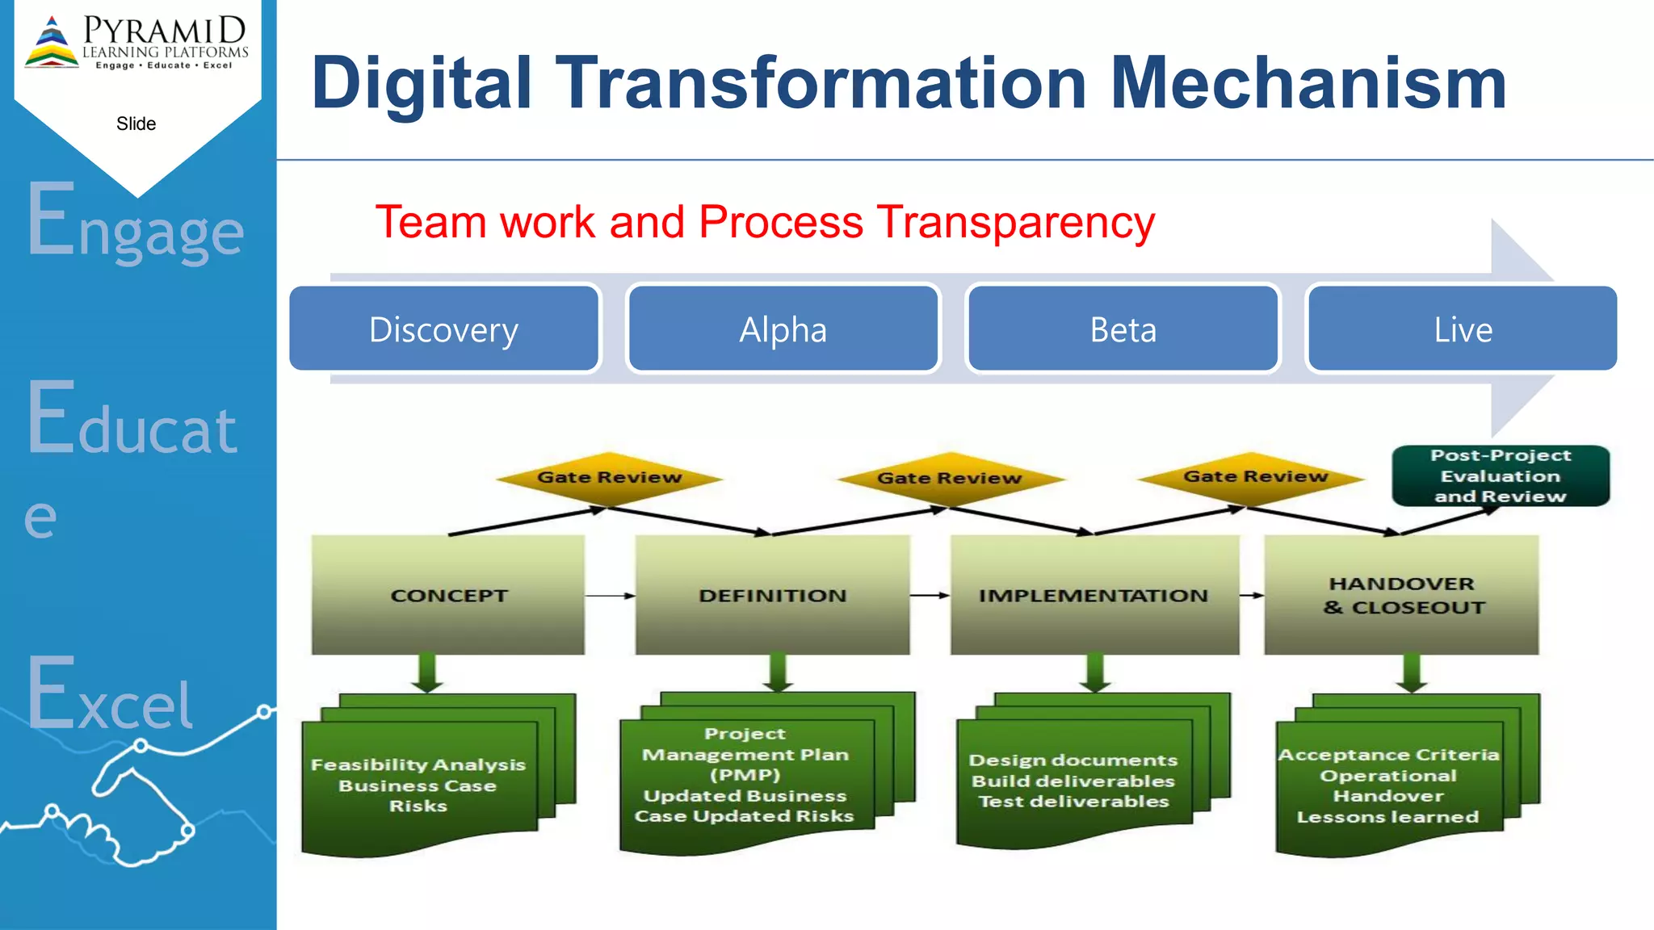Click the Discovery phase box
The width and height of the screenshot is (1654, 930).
[x=444, y=329]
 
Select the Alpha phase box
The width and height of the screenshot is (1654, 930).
[x=783, y=329]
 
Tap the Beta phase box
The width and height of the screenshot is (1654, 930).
[x=1123, y=329]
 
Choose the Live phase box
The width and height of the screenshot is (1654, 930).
[x=1462, y=329]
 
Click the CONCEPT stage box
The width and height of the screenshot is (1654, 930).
[x=448, y=595]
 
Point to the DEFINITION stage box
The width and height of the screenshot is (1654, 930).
[x=772, y=595]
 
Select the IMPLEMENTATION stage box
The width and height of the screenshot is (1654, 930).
[x=1094, y=595]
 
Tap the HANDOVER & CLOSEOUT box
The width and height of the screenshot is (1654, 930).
[x=1402, y=595]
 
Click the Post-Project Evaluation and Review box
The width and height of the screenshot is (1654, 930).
[x=1501, y=476]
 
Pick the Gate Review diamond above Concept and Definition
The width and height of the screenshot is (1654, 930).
[x=610, y=478]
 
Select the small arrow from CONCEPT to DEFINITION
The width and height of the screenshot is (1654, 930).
[x=610, y=596]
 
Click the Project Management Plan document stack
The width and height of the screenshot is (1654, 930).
[x=745, y=775]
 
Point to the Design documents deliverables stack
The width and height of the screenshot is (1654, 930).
[x=1073, y=781]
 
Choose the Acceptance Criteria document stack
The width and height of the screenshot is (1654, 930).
[x=1387, y=785]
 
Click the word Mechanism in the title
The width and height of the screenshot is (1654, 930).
[x=1308, y=83]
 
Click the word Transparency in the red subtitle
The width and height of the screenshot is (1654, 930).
[x=1016, y=223]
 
